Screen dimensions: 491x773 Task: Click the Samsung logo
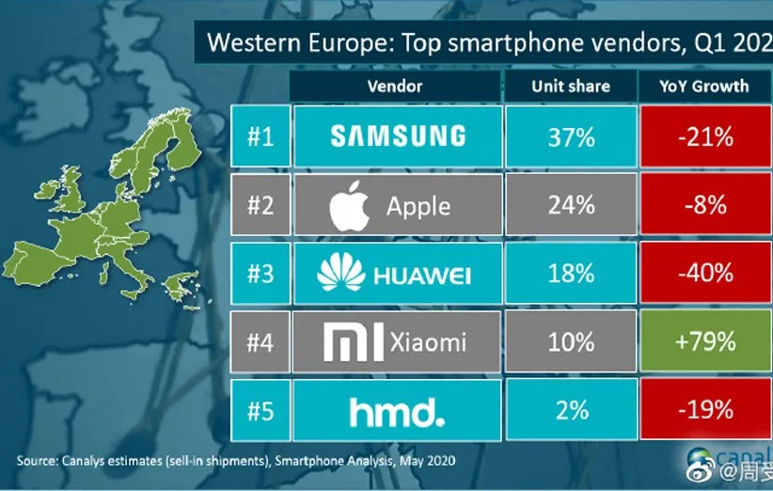398,136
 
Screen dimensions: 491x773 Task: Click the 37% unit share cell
571,137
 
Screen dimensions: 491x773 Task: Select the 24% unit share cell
571,205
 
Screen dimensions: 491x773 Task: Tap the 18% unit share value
571,273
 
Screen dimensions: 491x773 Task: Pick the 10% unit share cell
571,341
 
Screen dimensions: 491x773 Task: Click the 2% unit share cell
571,410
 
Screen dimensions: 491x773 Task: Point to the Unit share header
571,86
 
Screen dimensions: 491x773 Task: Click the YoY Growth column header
706,86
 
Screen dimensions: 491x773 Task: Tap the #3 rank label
260,273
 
